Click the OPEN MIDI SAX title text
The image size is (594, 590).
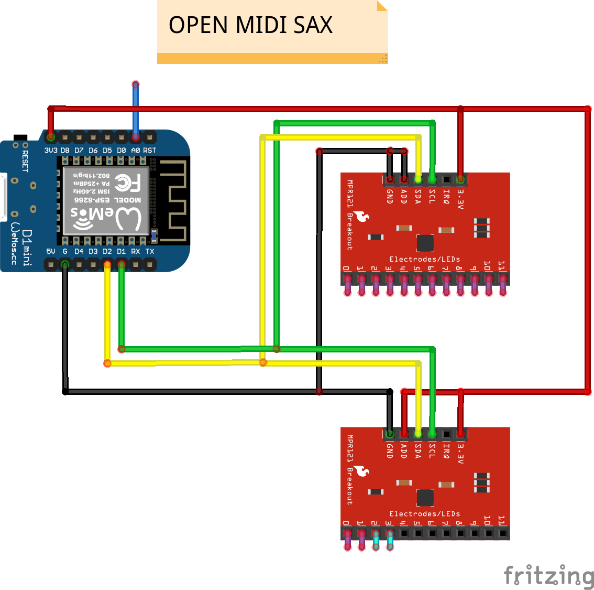[x=250, y=25]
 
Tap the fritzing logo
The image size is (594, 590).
[x=548, y=575]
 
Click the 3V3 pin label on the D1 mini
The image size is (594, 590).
[x=51, y=151]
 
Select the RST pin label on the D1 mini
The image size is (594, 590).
[x=150, y=151]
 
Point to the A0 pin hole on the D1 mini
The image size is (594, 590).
[x=136, y=137]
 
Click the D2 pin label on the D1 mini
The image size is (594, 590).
[x=107, y=252]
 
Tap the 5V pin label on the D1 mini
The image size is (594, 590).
[x=51, y=252]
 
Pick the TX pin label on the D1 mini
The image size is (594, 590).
[x=150, y=252]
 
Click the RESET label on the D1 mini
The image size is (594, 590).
[x=25, y=161]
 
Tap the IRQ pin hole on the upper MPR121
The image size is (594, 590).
[x=446, y=179]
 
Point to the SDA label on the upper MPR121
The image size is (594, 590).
[x=418, y=196]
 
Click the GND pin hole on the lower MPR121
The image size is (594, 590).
[x=390, y=434]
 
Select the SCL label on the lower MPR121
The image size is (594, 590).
[x=432, y=451]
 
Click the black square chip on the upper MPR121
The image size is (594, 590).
[x=425, y=243]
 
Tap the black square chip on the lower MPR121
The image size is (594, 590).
[x=425, y=498]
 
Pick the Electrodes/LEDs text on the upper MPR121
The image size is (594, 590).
[x=424, y=259]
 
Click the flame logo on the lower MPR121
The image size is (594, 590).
[x=361, y=470]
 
